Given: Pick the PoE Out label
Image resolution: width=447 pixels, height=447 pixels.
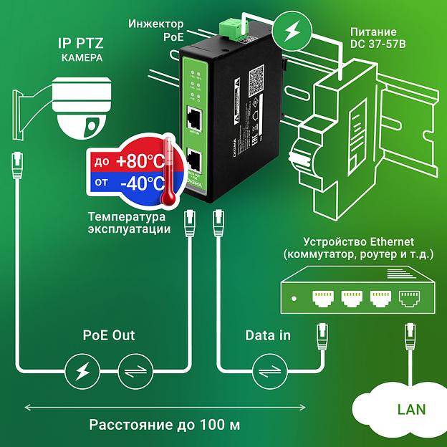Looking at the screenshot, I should pyautogui.click(x=108, y=335).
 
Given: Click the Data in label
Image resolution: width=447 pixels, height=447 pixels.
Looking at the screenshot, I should pyautogui.click(x=268, y=335).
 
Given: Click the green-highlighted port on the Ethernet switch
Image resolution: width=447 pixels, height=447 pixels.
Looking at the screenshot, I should pyautogui.click(x=410, y=297).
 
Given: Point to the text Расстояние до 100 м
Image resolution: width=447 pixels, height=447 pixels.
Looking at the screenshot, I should pyautogui.click(x=164, y=425).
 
